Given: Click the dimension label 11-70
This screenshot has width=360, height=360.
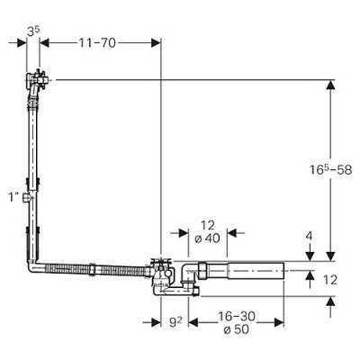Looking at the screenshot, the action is [x=97, y=43].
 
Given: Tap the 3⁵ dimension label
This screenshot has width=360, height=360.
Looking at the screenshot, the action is [x=33, y=32].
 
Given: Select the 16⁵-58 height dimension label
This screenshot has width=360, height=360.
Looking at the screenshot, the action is [x=330, y=170].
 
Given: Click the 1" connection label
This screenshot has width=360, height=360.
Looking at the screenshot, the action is [x=13, y=197].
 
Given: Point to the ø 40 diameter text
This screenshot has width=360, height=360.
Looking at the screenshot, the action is [x=207, y=238].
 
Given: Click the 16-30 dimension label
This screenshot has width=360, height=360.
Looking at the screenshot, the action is [x=237, y=316].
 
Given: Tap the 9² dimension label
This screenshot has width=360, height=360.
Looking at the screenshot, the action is [x=175, y=322].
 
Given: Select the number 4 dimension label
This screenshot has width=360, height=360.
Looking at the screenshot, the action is [x=310, y=236].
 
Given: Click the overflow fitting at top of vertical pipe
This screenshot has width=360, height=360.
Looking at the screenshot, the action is [x=37, y=78].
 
